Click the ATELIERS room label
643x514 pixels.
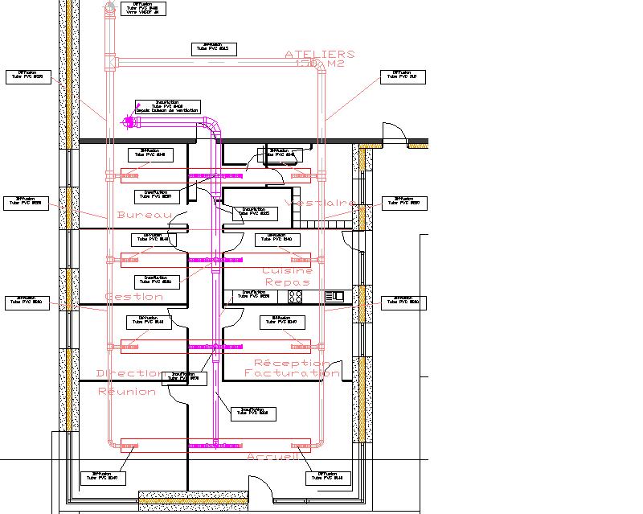pos(319,54)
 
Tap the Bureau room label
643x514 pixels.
pos(145,216)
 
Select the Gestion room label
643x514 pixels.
pos(133,297)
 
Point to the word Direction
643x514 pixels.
pos(129,373)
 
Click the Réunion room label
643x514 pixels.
pos(127,392)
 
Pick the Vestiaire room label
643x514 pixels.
pos(321,204)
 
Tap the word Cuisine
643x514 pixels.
pos(287,271)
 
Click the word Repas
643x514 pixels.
pos(287,282)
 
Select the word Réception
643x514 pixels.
pos(292,363)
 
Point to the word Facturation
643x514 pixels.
pos(291,373)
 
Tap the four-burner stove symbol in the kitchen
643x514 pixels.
pos(295,297)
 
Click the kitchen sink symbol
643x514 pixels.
pos(334,297)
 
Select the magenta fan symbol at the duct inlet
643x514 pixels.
pos(129,121)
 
